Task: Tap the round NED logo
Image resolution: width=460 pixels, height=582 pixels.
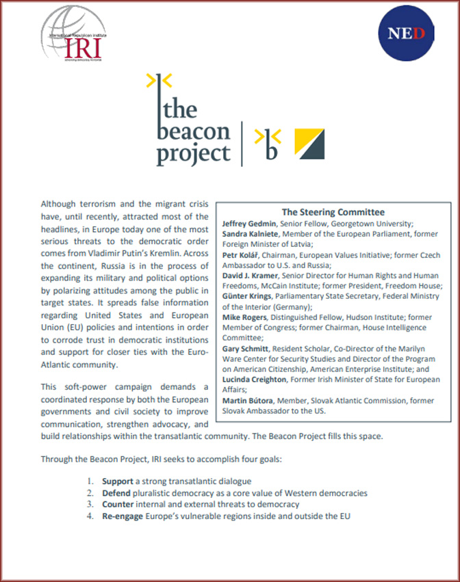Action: click(405, 32)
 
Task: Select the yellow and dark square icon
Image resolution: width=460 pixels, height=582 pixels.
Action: click(309, 142)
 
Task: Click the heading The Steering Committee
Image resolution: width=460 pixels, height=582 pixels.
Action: click(333, 212)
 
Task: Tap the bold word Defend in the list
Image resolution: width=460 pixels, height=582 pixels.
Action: click(116, 493)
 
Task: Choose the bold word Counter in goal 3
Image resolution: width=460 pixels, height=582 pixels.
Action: click(118, 504)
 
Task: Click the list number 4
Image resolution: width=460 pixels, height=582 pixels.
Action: click(90, 516)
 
